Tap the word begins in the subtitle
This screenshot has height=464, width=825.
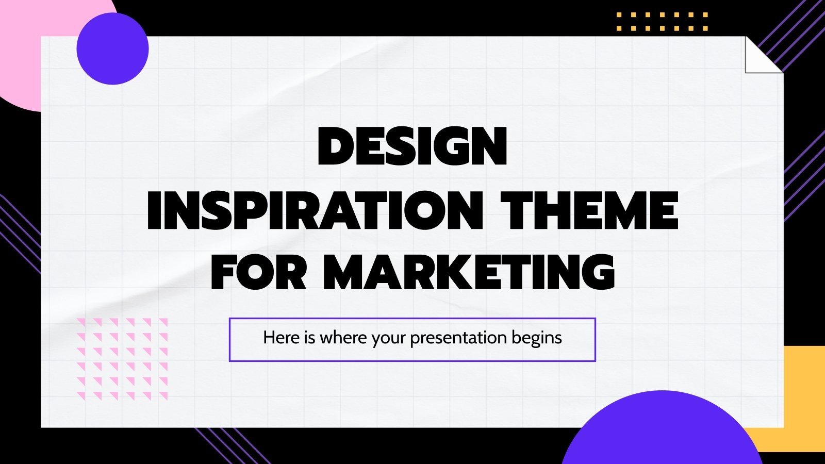pos(537,338)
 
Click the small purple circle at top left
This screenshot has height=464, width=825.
pos(112,48)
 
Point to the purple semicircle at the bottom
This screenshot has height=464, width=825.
pos(663,433)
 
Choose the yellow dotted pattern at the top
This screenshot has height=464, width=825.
pos(662,22)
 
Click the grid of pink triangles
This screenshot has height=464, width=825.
pos(122,359)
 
